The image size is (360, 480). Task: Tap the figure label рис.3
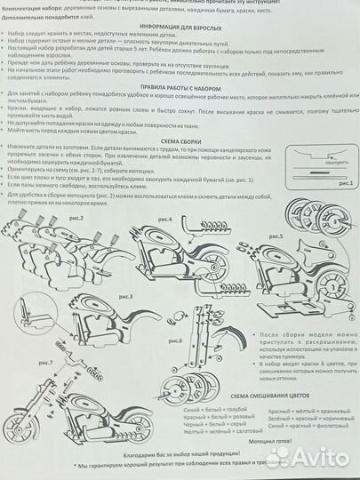tap(124, 294)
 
